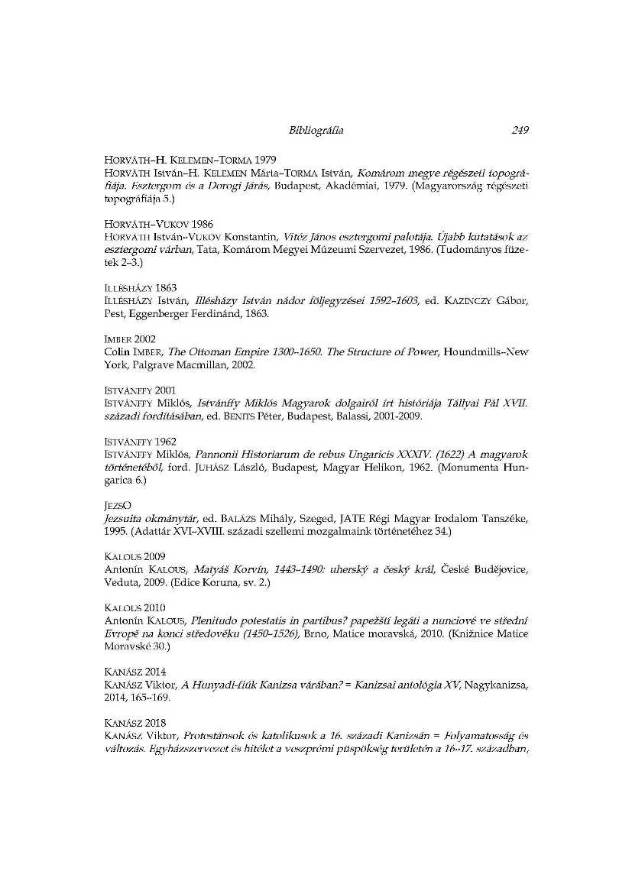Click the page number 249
tap(520, 131)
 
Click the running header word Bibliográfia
tap(316, 131)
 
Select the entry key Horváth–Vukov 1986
tap(147, 225)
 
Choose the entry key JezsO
tap(115, 505)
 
